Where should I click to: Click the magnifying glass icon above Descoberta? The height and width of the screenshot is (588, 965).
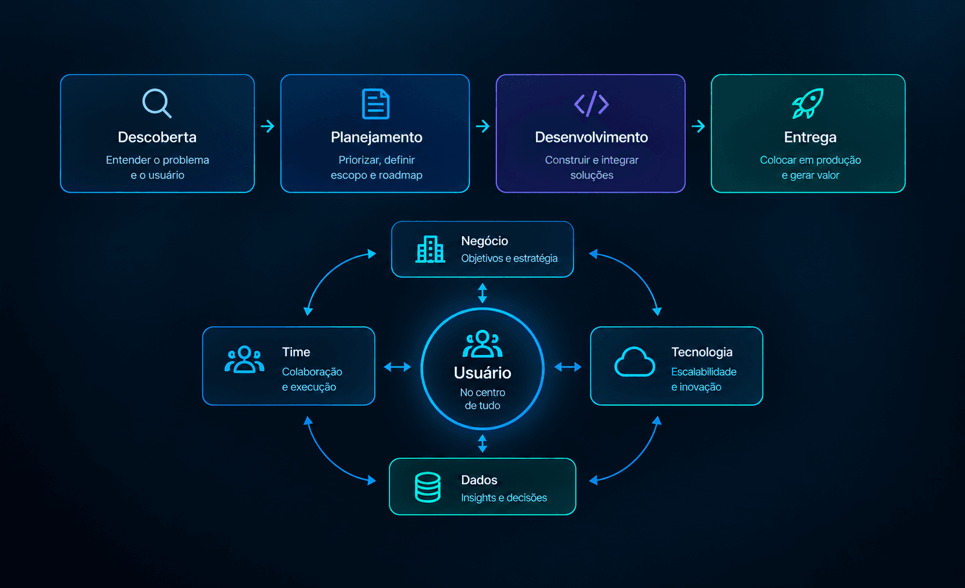pos(156,103)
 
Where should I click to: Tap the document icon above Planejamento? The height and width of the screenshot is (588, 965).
pos(376,104)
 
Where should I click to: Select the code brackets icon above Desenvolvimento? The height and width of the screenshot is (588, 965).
pos(591,104)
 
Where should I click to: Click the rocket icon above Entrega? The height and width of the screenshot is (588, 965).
pos(808,103)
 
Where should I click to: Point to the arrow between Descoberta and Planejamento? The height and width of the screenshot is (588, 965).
pos(267,126)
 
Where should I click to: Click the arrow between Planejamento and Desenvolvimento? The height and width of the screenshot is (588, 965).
pos(482,126)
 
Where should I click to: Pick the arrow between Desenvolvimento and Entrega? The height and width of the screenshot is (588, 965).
pos(698,126)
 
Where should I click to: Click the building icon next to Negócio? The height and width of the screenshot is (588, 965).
pos(430,249)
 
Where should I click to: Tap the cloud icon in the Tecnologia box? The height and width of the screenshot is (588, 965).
pos(635,362)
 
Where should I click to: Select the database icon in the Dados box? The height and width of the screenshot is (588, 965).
pos(427,487)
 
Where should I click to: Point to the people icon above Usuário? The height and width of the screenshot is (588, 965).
pos(482,344)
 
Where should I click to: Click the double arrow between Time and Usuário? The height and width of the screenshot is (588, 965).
pos(397,367)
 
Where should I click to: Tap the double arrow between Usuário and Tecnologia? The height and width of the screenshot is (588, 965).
pos(568,367)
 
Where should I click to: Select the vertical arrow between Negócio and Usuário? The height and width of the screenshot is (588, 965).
pos(482,293)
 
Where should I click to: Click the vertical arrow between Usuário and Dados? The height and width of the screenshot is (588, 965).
pos(482,443)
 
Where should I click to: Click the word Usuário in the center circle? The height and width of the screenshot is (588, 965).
pos(482,373)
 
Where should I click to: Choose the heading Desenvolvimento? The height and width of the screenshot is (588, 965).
pos(591,137)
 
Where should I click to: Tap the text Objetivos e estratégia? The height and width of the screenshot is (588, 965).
pos(509,258)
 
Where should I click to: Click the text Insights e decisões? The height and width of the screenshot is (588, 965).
pos(504,497)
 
